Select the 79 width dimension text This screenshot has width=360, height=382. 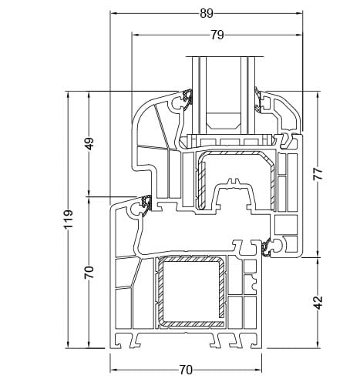(x=217, y=35)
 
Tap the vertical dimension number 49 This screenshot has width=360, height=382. (x=89, y=143)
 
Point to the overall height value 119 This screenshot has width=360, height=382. (x=69, y=219)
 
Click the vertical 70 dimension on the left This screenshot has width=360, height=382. (x=89, y=271)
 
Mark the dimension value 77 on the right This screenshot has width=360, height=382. (x=317, y=173)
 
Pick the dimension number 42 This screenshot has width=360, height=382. (x=317, y=301)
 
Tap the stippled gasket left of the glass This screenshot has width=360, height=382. (x=187, y=99)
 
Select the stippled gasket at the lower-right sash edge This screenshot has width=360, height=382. (x=267, y=247)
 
